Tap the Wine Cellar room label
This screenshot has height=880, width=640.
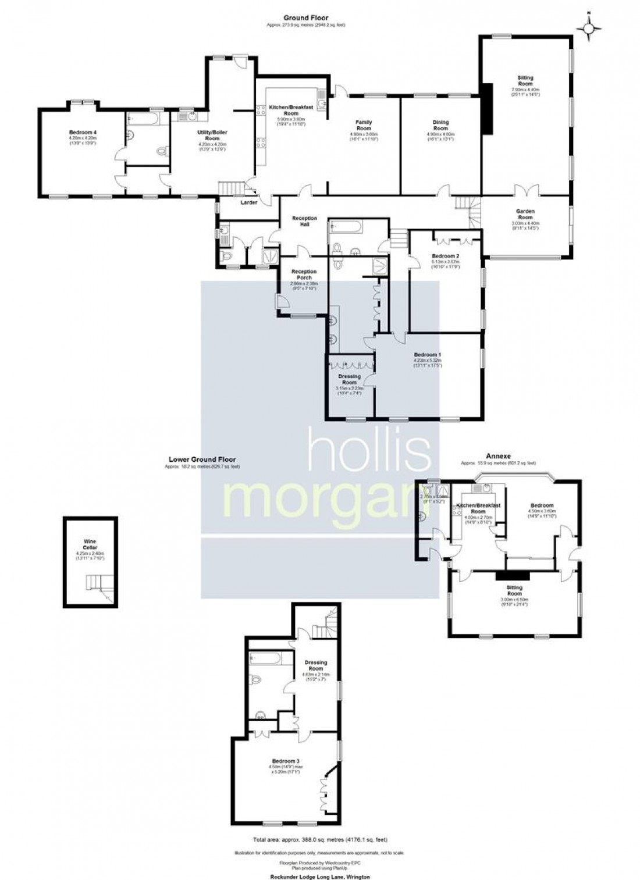(x=90, y=544)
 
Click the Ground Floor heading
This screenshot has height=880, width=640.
(x=305, y=18)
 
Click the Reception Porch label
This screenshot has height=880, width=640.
(x=304, y=275)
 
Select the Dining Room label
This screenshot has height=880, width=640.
(x=440, y=125)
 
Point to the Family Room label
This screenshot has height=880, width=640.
(x=364, y=125)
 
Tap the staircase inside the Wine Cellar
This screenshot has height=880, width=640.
(x=96, y=583)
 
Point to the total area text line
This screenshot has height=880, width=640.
(x=320, y=839)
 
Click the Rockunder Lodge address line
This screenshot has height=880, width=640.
(x=320, y=876)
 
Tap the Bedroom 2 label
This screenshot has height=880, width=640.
(x=446, y=256)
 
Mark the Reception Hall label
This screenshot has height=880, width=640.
(x=304, y=221)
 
